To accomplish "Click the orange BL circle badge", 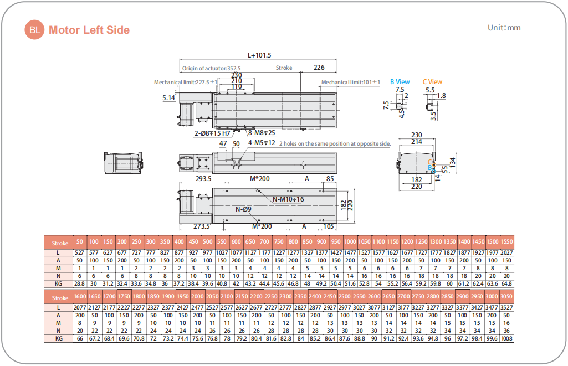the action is [x=34, y=30].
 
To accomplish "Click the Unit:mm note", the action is [x=504, y=28].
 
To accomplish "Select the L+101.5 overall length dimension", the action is [x=259, y=55].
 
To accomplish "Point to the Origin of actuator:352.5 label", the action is [x=211, y=68].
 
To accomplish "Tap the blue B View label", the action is [x=400, y=82].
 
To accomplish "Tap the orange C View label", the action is [x=433, y=82].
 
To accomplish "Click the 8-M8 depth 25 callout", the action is [x=262, y=133].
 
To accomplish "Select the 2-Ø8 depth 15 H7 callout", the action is [x=212, y=133].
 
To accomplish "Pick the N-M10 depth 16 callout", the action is [x=288, y=199].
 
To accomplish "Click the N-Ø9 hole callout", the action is [x=243, y=209].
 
